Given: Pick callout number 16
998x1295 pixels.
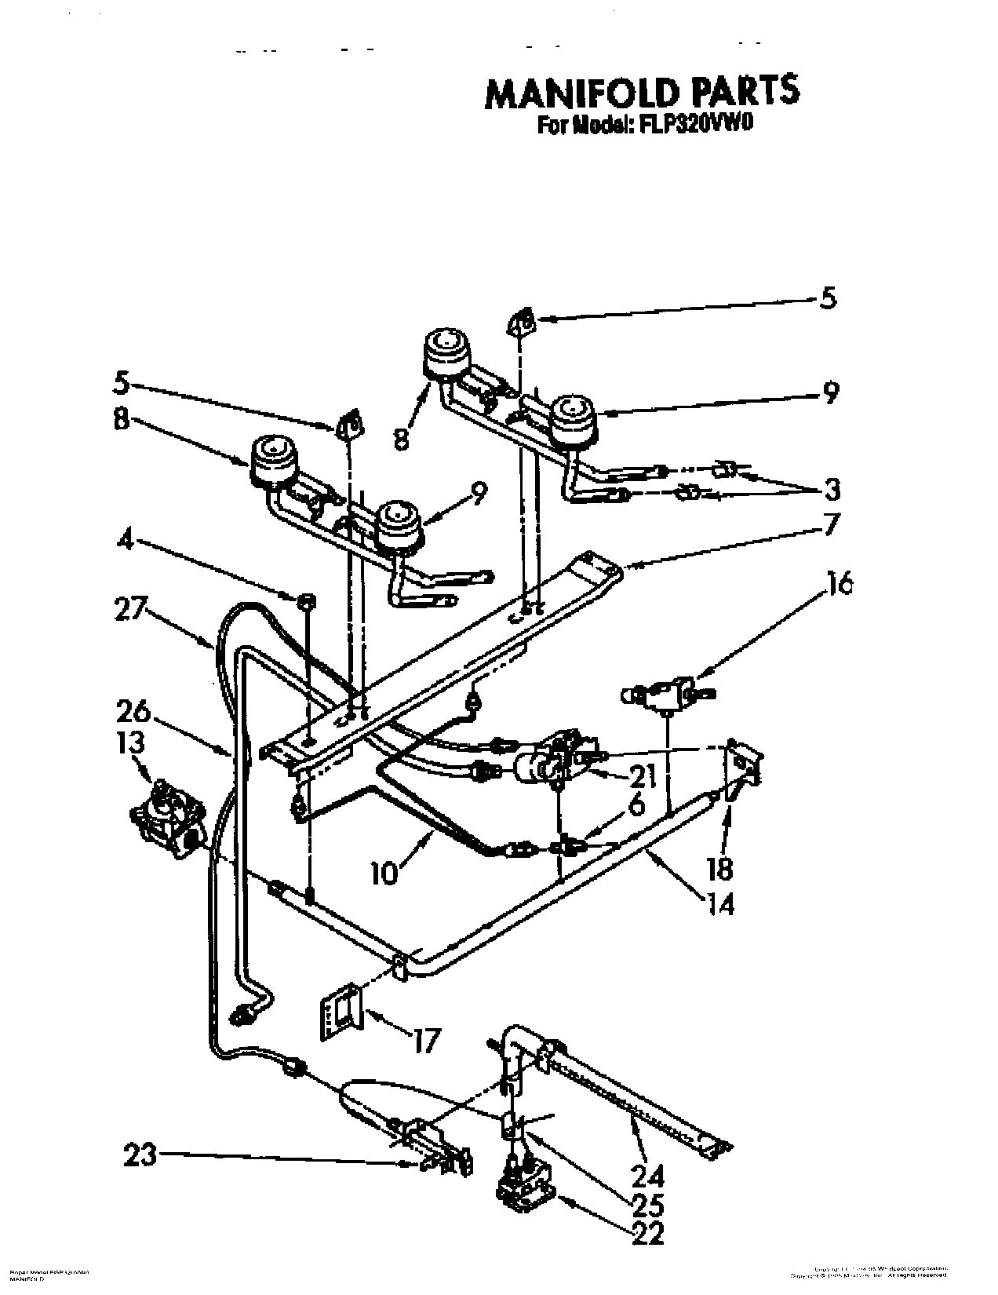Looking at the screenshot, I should (x=840, y=584).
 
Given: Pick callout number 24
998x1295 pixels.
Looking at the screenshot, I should (x=648, y=1176).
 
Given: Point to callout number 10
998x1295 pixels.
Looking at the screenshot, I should (x=384, y=874).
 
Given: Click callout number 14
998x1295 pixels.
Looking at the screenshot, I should (x=721, y=904).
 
